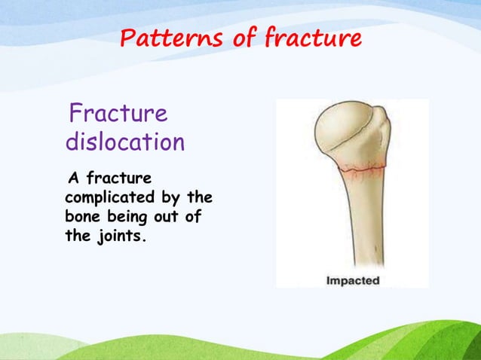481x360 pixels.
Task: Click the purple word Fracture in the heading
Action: (118, 115)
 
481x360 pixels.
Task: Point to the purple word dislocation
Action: (124, 142)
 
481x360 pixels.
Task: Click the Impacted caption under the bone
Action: (352, 281)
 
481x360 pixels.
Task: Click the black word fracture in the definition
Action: (120, 179)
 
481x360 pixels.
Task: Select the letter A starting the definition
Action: (74, 179)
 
